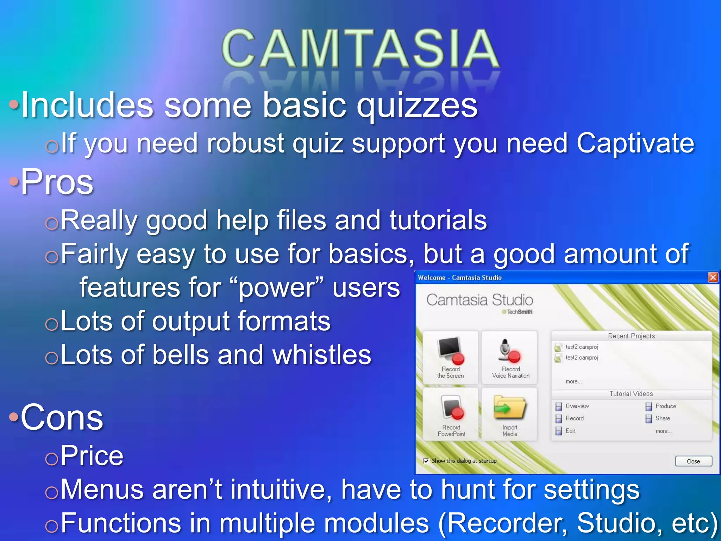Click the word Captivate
click(x=635, y=143)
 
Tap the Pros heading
click(x=57, y=182)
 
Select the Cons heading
click(x=62, y=417)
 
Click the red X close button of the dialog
click(x=713, y=278)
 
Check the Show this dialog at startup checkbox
click(x=426, y=461)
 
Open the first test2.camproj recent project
click(x=581, y=347)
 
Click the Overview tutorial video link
click(x=577, y=406)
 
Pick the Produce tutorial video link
click(x=665, y=406)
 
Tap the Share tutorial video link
click(x=663, y=418)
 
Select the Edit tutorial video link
click(x=570, y=431)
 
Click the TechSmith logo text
click(x=519, y=312)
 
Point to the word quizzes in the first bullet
click(x=417, y=106)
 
